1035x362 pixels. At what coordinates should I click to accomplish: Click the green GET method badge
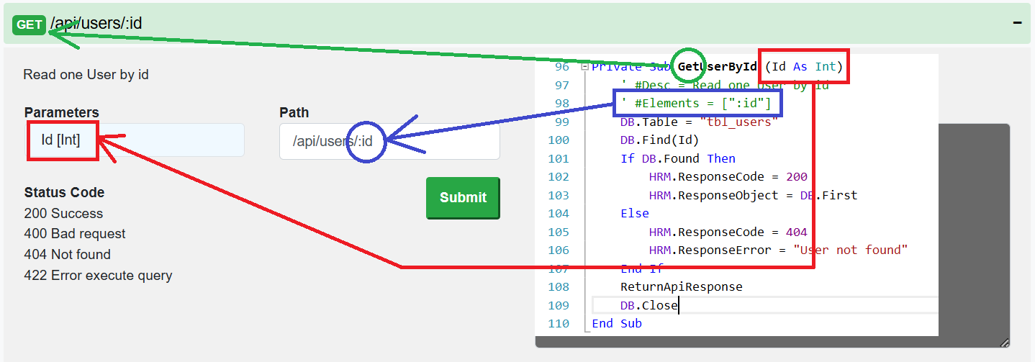(30, 24)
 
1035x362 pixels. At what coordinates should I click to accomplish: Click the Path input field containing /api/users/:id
(389, 141)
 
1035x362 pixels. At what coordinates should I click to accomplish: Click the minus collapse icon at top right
(1017, 23)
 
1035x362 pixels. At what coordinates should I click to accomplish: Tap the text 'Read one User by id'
(86, 75)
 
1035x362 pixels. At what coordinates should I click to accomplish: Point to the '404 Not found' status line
(67, 255)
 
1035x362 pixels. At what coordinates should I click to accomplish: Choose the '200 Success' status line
(63, 214)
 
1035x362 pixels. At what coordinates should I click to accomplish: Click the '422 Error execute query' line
(98, 276)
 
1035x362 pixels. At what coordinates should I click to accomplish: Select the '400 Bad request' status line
(75, 234)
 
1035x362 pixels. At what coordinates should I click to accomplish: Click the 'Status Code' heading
(64, 193)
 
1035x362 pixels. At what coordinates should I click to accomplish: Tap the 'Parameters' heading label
(61, 113)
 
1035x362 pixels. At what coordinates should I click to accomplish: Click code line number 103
(559, 196)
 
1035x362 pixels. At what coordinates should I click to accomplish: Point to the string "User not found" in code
(850, 250)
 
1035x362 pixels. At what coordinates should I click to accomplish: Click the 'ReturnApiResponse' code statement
(681, 287)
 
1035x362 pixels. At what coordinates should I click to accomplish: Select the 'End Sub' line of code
(616, 324)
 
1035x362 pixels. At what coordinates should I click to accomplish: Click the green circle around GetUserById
(690, 67)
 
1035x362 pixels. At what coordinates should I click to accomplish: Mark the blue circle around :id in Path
(366, 141)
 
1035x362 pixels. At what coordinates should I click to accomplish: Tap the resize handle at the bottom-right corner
(1004, 343)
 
